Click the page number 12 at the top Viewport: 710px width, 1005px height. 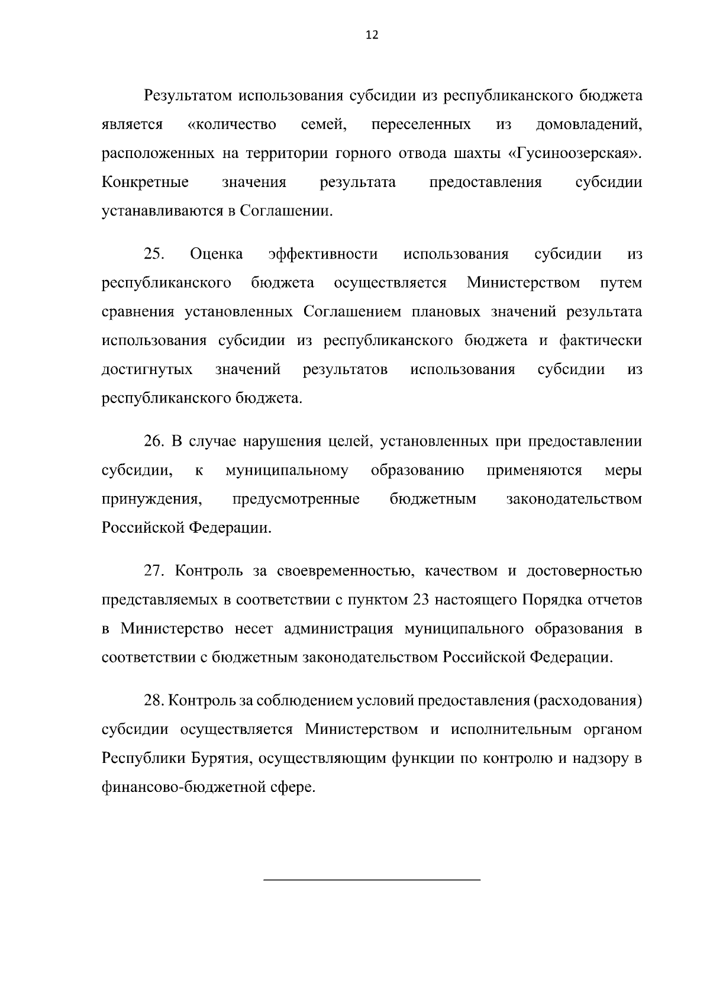(372, 35)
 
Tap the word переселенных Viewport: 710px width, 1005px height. (421, 125)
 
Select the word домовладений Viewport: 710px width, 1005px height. (588, 125)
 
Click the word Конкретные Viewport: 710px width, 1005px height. (145, 182)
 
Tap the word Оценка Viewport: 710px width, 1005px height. (217, 255)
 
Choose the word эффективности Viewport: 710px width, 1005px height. (322, 255)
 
